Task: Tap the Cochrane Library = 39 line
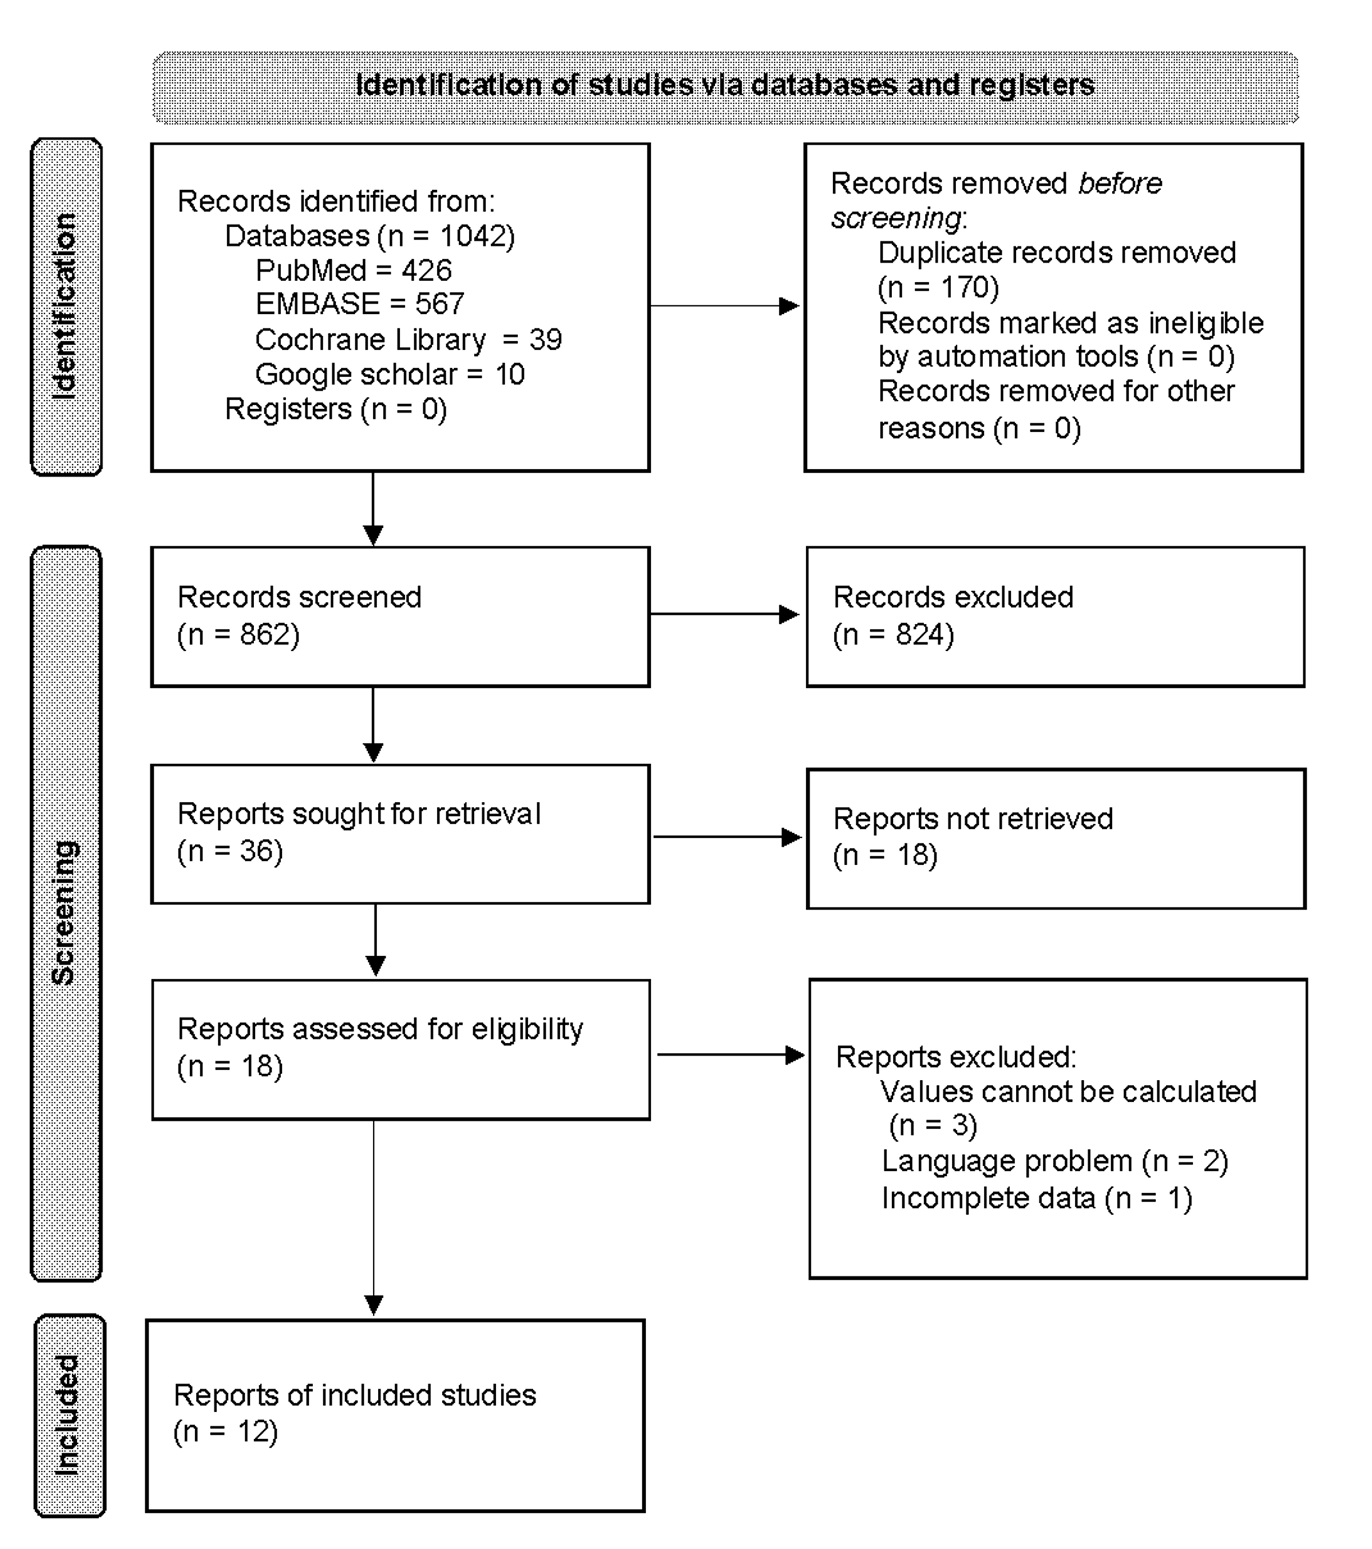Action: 408,339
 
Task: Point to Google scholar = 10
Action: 390,375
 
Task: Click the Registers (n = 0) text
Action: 336,409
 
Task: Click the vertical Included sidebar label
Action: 68,1415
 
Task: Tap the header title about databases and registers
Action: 725,86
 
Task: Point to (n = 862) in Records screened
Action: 238,634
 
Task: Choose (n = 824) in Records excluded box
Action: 893,634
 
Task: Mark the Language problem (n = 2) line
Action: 1055,1161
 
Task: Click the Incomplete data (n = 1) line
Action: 1036,1198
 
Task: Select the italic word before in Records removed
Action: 1120,183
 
